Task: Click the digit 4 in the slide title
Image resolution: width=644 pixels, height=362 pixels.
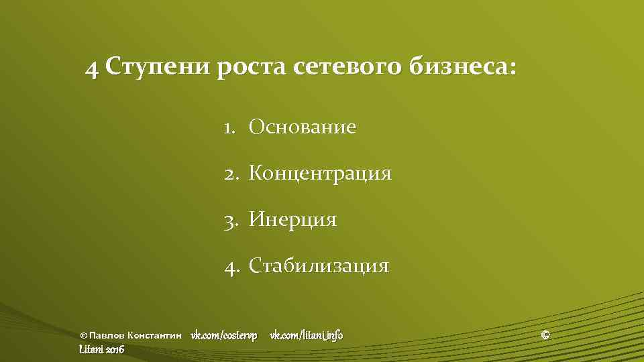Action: pyautogui.click(x=92, y=68)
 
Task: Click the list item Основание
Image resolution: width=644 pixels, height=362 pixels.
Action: pyautogui.click(x=302, y=127)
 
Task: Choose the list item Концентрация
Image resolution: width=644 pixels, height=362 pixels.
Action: pyautogui.click(x=320, y=174)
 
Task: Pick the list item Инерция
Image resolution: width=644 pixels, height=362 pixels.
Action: pyautogui.click(x=292, y=219)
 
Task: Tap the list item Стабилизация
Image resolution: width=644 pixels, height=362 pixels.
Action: pyautogui.click(x=319, y=265)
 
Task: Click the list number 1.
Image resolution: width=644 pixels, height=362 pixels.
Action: pyautogui.click(x=230, y=127)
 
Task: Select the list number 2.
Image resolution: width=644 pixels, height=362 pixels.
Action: pyautogui.click(x=231, y=174)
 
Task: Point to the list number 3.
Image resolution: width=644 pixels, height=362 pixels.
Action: pyautogui.click(x=231, y=219)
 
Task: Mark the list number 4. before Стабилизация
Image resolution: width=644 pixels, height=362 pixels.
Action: pyautogui.click(x=232, y=265)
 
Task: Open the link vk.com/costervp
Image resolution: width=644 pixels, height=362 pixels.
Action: pyautogui.click(x=223, y=335)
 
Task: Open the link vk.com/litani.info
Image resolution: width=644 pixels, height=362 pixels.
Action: pyautogui.click(x=306, y=335)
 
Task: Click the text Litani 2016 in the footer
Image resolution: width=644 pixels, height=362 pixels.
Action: pyautogui.click(x=101, y=349)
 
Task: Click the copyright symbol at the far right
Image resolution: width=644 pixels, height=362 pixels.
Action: pyautogui.click(x=545, y=334)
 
